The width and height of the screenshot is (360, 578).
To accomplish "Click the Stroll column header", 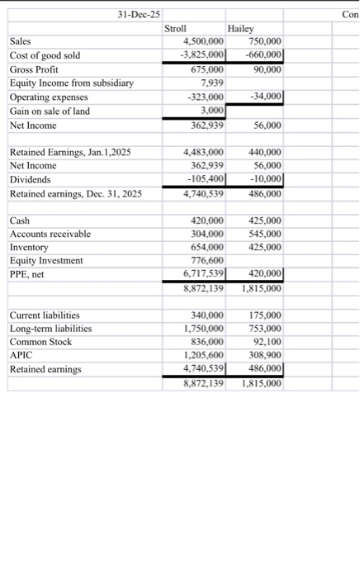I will click(176, 28).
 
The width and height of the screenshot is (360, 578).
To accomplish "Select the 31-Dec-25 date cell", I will click(139, 14).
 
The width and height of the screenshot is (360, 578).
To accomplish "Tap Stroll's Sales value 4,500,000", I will click(202, 41).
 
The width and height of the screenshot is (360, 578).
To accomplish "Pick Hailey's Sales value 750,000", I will click(264, 41).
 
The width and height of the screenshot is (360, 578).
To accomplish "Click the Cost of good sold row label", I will click(45, 55).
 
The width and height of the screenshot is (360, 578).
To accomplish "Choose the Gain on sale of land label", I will click(49, 111).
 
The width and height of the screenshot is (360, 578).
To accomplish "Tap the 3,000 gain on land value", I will click(213, 111).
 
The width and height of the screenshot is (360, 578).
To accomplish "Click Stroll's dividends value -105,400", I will click(204, 179).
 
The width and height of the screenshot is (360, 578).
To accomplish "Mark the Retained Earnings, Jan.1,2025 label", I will click(69, 153).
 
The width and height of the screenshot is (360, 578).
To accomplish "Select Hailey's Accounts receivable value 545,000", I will click(264, 235).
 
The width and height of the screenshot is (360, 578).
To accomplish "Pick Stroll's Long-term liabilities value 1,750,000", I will click(202, 329).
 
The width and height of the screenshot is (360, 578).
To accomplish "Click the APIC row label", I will click(19, 355).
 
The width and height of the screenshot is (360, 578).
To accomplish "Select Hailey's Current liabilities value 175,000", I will click(264, 315).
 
